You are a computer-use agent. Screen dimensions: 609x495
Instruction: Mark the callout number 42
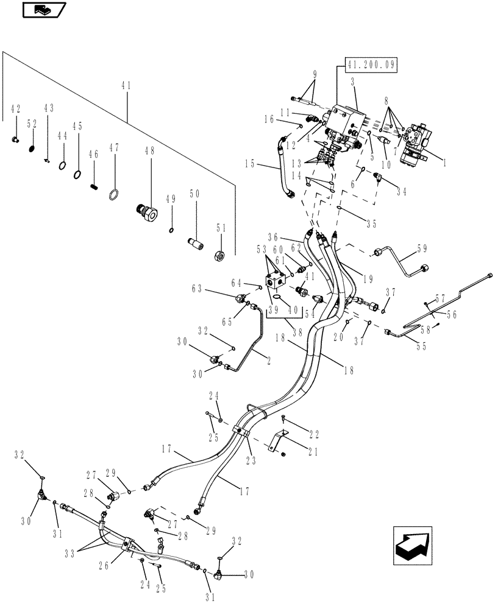click(x=15, y=109)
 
